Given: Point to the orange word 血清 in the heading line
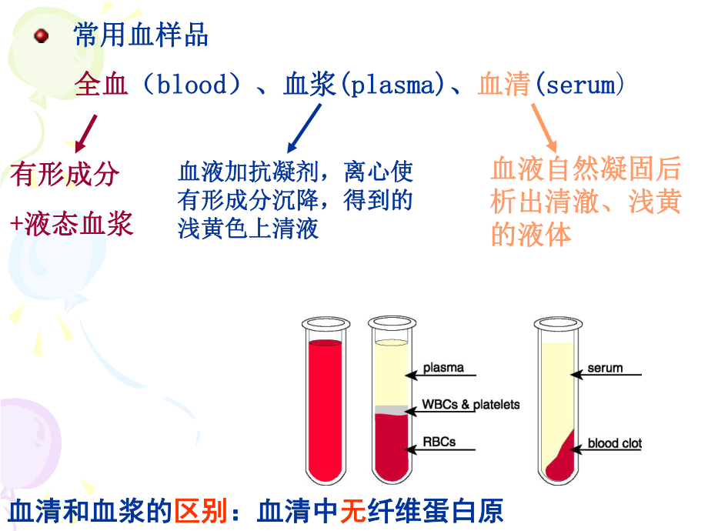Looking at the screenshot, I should (503, 84).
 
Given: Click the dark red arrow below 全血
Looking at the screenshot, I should (87, 132).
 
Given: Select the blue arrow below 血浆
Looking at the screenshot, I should (304, 129).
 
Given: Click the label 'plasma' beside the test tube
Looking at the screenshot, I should (443, 368).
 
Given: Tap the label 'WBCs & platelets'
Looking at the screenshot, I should (471, 404).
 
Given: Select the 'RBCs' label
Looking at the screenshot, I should (439, 442).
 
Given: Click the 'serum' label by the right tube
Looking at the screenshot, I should (605, 368).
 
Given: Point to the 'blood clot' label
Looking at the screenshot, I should (614, 443).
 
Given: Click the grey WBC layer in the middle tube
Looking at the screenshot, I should (391, 410).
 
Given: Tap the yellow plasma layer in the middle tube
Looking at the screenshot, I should (391, 373).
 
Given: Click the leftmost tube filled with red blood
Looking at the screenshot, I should (325, 408).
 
